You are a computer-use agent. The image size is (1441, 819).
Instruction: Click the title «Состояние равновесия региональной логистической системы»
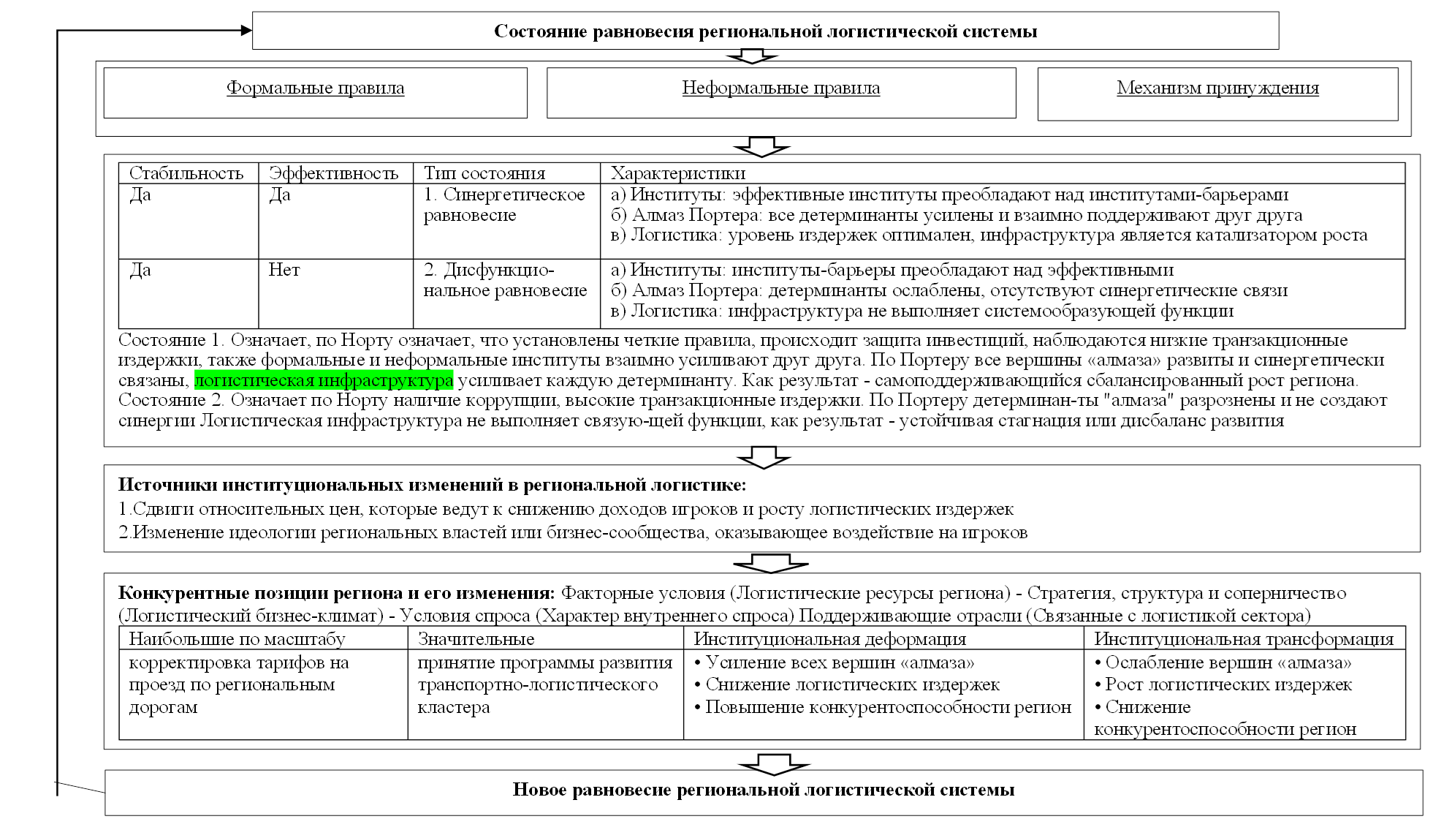click(765, 31)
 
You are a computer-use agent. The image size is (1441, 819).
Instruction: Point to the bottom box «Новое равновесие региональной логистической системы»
click(764, 790)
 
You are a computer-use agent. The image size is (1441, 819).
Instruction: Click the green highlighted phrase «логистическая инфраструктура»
click(324, 381)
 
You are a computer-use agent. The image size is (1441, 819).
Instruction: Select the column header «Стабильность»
click(186, 173)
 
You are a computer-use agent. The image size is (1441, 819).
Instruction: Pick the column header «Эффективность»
click(333, 173)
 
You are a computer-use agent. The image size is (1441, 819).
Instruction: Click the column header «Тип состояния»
click(484, 173)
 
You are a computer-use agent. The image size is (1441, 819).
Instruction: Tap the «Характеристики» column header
click(677, 173)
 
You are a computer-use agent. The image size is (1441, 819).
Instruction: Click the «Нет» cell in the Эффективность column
click(284, 271)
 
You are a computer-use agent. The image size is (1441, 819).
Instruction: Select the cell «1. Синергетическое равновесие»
click(504, 205)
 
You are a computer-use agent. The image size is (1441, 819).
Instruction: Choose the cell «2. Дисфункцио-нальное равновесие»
click(505, 281)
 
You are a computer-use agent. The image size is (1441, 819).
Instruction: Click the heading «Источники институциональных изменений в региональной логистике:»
click(432, 485)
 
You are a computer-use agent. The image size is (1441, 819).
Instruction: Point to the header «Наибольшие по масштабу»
click(237, 638)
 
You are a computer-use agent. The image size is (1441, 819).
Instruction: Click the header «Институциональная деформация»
click(829, 638)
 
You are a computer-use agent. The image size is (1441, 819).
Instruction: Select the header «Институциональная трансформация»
click(1243, 638)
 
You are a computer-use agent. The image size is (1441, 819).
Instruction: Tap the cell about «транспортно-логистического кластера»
click(544, 685)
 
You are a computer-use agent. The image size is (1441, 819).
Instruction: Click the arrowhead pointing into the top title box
click(244, 30)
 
